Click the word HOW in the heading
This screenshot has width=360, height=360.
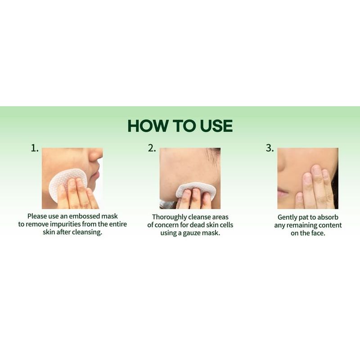pos(145,126)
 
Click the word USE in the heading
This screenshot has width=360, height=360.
pos(214,126)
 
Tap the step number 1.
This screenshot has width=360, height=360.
pos(35,148)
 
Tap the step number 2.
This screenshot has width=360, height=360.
pos(152,148)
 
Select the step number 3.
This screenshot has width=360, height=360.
pos(270,148)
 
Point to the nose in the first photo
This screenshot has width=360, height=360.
pos(96,155)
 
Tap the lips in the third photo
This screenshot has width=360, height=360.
pos(283,194)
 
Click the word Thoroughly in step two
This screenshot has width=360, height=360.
pos(169,217)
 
